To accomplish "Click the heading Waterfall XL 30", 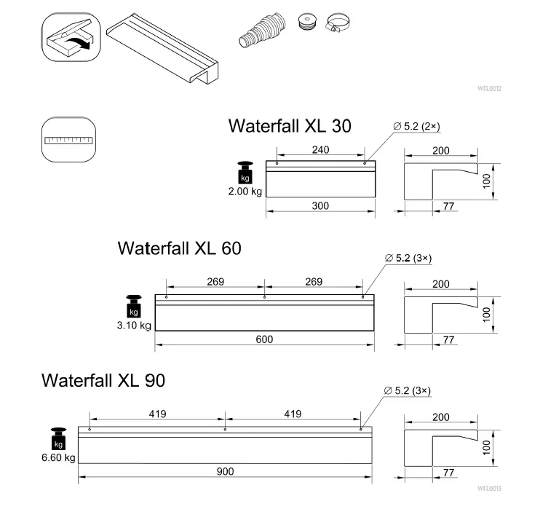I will point(289,126).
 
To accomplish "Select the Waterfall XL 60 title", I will point(179,248).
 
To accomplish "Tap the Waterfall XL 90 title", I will point(103,380).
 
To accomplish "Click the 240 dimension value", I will point(320,150).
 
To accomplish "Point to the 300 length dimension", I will point(320,206).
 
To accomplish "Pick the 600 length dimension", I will point(263,339).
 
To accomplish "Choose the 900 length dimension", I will point(225,471).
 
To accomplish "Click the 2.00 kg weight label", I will point(245,192).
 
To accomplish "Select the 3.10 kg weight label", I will point(133,326).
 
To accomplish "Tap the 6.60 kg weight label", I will point(58,458).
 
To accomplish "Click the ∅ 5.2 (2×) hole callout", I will point(416,127).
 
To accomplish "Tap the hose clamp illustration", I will point(336,25).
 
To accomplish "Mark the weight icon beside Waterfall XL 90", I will point(57,438).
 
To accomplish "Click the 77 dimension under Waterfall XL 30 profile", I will point(448,207).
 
